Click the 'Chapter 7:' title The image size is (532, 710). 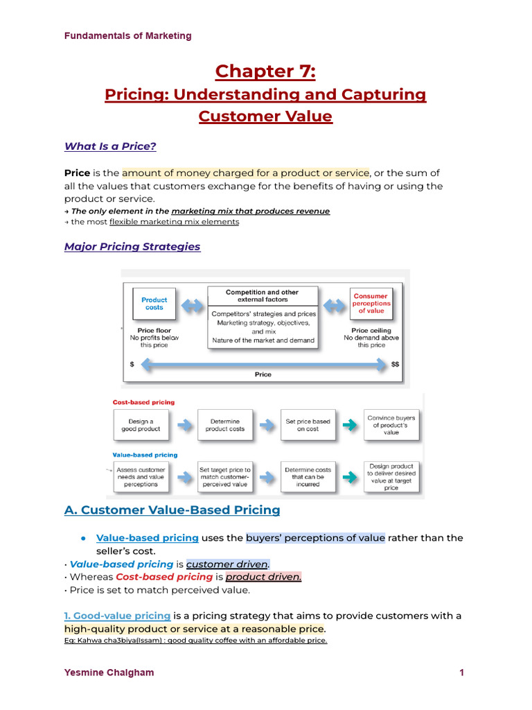click(x=265, y=71)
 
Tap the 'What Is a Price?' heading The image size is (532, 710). click(x=110, y=146)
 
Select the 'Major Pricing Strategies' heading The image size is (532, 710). click(x=132, y=247)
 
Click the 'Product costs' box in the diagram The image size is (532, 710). click(x=154, y=304)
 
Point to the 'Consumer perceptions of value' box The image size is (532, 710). click(x=371, y=304)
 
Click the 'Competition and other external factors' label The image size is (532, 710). click(x=263, y=296)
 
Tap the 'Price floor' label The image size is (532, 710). click(x=154, y=331)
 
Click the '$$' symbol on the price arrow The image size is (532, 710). click(x=396, y=364)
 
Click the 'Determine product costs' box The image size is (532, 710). click(x=224, y=425)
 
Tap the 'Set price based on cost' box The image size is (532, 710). click(x=308, y=425)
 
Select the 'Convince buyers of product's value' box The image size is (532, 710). click(x=391, y=425)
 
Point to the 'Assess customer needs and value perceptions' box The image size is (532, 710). click(x=141, y=477)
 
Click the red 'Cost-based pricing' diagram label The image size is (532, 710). click(x=143, y=402)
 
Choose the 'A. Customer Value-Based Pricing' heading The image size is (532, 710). click(x=172, y=510)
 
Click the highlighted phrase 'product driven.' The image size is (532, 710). click(x=264, y=577)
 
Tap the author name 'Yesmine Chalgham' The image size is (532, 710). click(x=109, y=673)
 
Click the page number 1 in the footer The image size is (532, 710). click(x=461, y=673)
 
